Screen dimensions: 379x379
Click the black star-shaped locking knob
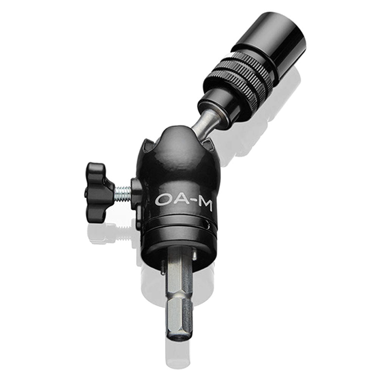coord(98,182)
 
